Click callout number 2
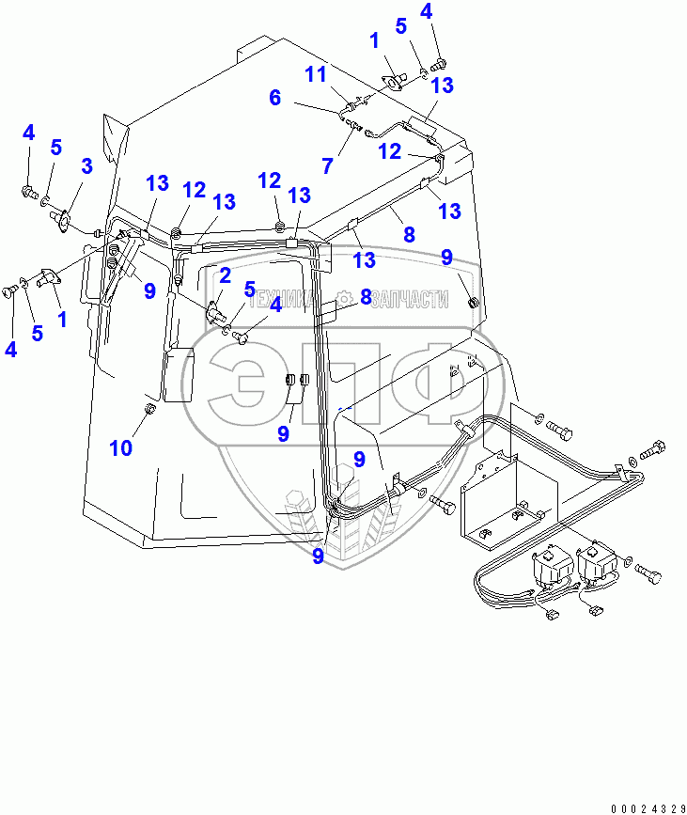pos(225,275)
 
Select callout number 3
pos(86,167)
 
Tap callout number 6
pos(274,97)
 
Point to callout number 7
pos(327,165)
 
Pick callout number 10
pos(120,447)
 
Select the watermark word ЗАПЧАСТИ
pos(409,299)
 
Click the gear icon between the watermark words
pos(347,299)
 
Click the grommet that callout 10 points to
pos(151,409)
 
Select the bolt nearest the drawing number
pos(648,572)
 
